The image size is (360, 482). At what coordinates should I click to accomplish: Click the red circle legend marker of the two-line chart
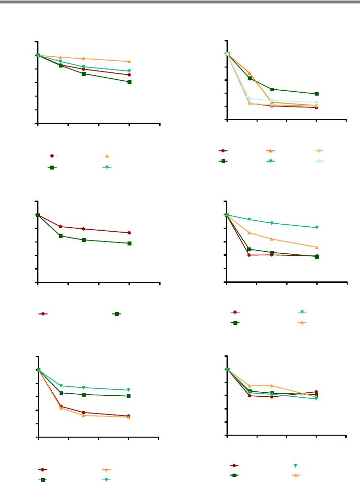(43, 314)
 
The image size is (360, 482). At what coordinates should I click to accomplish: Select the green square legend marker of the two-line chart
(117, 314)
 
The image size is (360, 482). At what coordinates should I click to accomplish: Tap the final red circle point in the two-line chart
(129, 233)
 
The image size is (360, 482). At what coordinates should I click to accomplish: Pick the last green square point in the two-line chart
(129, 243)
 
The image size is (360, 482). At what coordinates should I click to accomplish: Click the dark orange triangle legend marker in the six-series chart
(271, 150)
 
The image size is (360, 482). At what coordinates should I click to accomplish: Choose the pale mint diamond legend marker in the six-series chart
(319, 161)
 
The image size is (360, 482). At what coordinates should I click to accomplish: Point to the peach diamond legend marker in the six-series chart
(319, 150)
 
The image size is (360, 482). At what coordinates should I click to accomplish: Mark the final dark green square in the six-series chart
(317, 94)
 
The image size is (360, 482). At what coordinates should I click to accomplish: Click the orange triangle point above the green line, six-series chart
(250, 73)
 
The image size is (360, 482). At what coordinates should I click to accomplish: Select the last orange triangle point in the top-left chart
(129, 62)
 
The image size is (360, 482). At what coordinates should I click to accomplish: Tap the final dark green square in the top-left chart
(129, 82)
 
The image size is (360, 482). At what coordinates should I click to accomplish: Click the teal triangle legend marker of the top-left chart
(106, 168)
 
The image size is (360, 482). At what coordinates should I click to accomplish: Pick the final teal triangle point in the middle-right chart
(317, 228)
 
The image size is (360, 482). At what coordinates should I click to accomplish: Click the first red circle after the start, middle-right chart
(249, 255)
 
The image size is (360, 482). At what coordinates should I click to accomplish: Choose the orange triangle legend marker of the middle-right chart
(302, 323)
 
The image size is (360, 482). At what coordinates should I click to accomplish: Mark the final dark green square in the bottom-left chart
(129, 396)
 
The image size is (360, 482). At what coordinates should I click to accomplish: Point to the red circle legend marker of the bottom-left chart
(43, 470)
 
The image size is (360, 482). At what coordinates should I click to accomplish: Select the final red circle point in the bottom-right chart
(317, 392)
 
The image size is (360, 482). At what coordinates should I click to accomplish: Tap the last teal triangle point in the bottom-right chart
(317, 399)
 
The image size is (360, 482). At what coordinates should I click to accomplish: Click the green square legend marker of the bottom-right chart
(235, 475)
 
